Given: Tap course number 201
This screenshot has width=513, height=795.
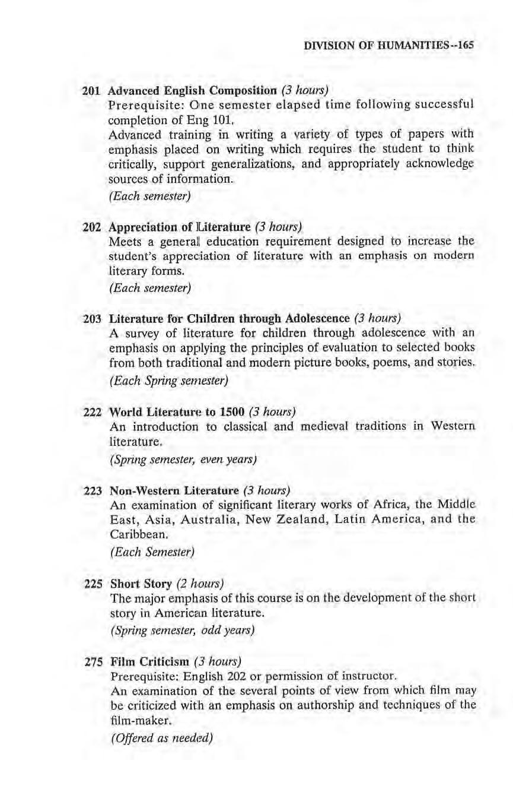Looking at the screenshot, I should click(x=90, y=90).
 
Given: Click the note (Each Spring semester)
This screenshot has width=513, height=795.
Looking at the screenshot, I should click(x=169, y=378).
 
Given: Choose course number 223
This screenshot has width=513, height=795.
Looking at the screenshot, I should click(x=90, y=491).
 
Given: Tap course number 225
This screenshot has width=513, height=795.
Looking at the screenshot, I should click(x=90, y=582).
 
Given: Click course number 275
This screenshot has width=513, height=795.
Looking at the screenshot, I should click(x=90, y=662).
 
